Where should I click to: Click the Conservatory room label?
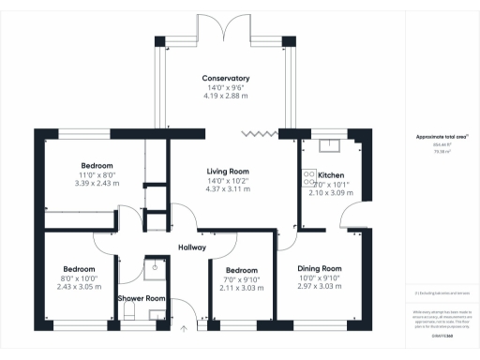(225, 78)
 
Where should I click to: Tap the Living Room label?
(227, 171)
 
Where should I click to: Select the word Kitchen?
(331, 175)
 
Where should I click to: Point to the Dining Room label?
(321, 268)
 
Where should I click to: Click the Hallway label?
(192, 247)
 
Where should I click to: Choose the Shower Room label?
(142, 298)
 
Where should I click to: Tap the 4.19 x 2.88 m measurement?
(225, 97)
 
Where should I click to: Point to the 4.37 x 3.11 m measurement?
(227, 189)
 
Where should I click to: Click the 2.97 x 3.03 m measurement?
(321, 287)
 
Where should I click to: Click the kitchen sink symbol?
(329, 144)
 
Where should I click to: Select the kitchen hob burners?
(307, 180)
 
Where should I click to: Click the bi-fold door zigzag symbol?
(254, 134)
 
